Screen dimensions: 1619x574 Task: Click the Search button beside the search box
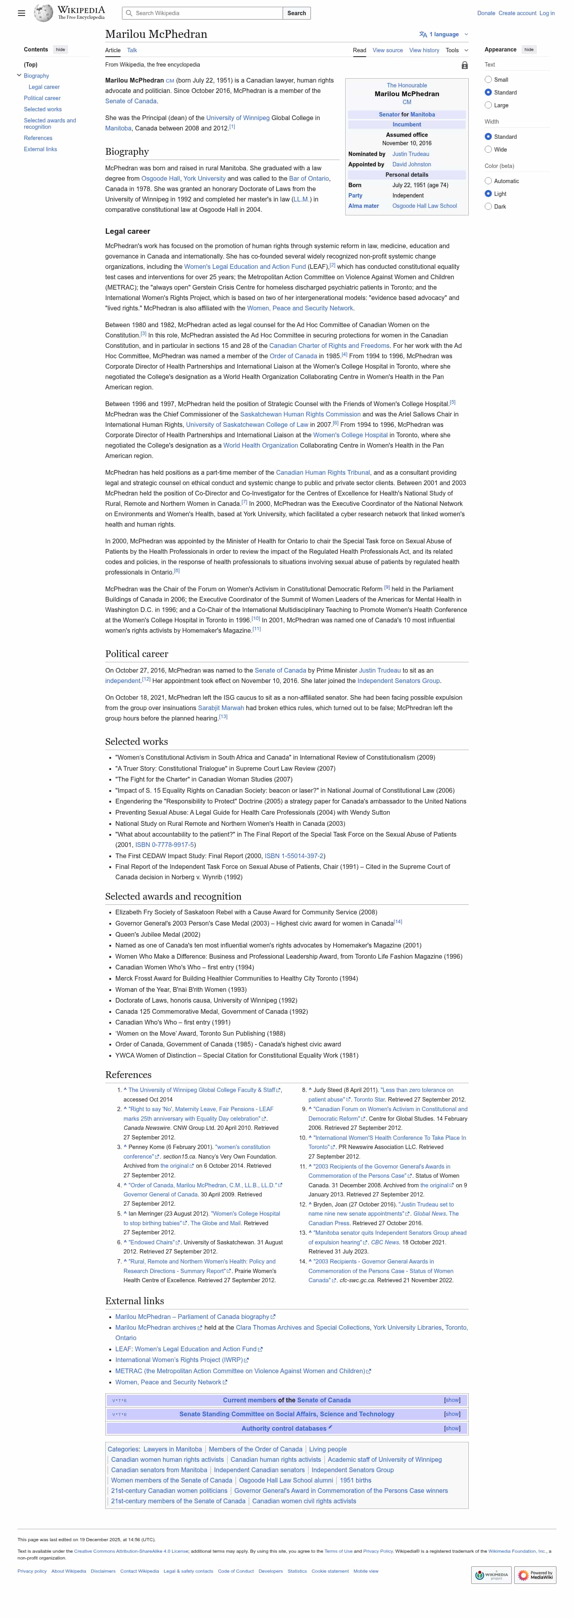(297, 13)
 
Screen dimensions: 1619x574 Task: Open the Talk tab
(132, 50)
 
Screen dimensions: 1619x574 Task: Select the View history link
(424, 50)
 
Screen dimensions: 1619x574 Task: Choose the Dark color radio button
(488, 207)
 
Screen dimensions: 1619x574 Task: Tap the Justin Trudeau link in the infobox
(411, 154)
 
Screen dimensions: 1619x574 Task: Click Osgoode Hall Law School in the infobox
(425, 206)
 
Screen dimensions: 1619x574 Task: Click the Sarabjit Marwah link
(221, 708)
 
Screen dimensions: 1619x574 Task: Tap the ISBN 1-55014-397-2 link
(294, 856)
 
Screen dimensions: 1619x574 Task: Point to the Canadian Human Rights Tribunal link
(323, 473)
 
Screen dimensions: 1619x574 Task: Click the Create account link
(517, 13)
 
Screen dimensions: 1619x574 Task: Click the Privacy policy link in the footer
(32, 1571)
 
